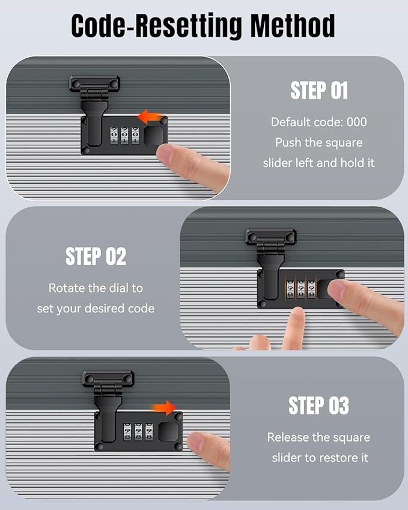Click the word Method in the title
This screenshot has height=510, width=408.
click(293, 26)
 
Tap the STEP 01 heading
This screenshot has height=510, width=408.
click(319, 91)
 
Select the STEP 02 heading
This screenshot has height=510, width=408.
click(96, 257)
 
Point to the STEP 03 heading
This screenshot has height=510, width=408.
click(318, 405)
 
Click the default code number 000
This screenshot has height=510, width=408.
click(356, 122)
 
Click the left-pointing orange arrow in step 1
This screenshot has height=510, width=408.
click(150, 117)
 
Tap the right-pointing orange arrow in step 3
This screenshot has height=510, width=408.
click(163, 408)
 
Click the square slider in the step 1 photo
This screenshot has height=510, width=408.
click(154, 136)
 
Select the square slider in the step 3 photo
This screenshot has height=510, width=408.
click(168, 432)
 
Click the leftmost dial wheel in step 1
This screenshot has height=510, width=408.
click(114, 136)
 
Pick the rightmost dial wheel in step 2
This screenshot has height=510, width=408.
click(311, 289)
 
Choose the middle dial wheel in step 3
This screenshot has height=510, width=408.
click(138, 432)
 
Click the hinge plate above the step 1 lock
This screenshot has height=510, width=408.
click(94, 83)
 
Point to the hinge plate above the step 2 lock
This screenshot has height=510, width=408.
click(271, 237)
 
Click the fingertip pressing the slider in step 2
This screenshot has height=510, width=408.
click(336, 288)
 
